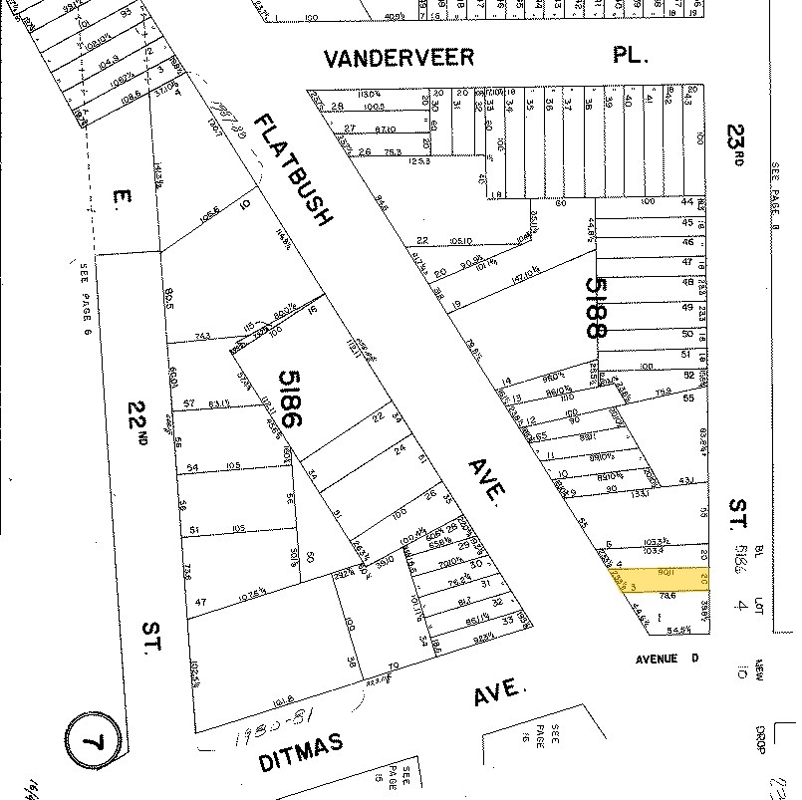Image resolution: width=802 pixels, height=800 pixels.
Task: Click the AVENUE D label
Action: (670, 659)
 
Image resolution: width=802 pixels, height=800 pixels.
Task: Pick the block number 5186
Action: (290, 400)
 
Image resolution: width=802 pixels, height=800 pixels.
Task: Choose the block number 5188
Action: (595, 308)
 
